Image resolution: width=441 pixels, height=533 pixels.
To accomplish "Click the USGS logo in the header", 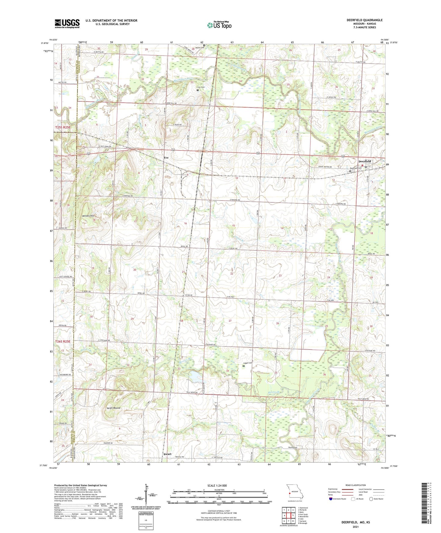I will pos(67,24).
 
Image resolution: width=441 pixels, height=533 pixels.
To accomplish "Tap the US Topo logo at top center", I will pos(219,25).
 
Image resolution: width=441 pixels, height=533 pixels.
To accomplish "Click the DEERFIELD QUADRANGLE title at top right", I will pos(364,20).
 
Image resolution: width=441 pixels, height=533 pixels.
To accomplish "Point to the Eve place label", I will pos(166,158).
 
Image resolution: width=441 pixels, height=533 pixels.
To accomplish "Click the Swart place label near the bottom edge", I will pos(167,454).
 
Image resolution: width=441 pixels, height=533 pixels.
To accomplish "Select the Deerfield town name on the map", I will pos(365,161).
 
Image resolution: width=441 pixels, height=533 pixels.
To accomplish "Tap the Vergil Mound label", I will pos(113,408).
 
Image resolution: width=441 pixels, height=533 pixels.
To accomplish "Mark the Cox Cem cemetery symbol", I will pos(197,90).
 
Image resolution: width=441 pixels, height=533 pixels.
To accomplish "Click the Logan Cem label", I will pos(248,363).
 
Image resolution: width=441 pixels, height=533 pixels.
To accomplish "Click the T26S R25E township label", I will pos(63,341).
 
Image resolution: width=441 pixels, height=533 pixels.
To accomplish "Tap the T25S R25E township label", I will pos(63,127).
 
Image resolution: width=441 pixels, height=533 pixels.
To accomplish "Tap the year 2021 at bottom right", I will pos(356,527).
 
